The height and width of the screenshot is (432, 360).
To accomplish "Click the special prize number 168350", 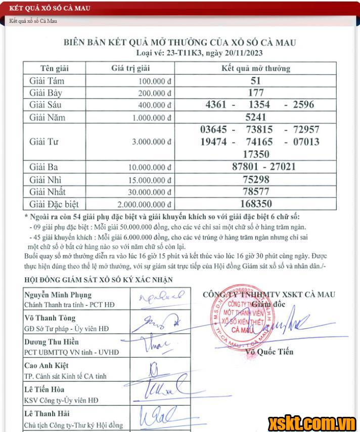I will [x=262, y=204].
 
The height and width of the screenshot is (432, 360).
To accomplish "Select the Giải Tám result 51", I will [x=256, y=80].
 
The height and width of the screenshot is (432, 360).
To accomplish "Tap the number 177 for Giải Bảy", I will [x=256, y=93].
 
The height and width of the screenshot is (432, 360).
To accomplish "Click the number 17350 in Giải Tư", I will [x=256, y=154].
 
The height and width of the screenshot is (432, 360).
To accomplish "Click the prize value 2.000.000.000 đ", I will [x=145, y=204].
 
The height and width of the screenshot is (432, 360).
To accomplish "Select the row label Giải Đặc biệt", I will [x=54, y=204].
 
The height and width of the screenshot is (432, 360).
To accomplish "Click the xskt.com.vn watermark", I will [x=312, y=422].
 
